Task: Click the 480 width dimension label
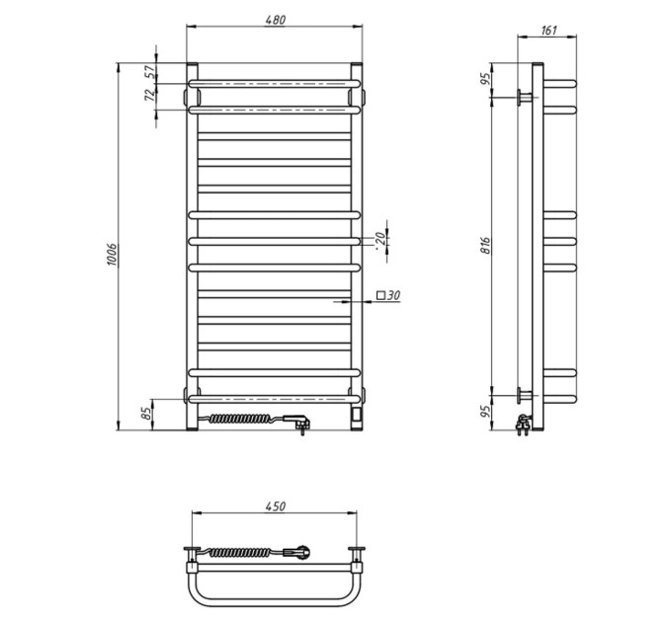point(275,20)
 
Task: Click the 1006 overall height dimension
point(112,255)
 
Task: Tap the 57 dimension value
point(150,72)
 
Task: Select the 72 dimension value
point(150,95)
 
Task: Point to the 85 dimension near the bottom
point(146,413)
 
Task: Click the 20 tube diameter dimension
point(379,237)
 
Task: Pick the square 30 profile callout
point(388,295)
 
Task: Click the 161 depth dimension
point(548,31)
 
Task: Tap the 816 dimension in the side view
point(485,245)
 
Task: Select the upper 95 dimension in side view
point(485,79)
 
